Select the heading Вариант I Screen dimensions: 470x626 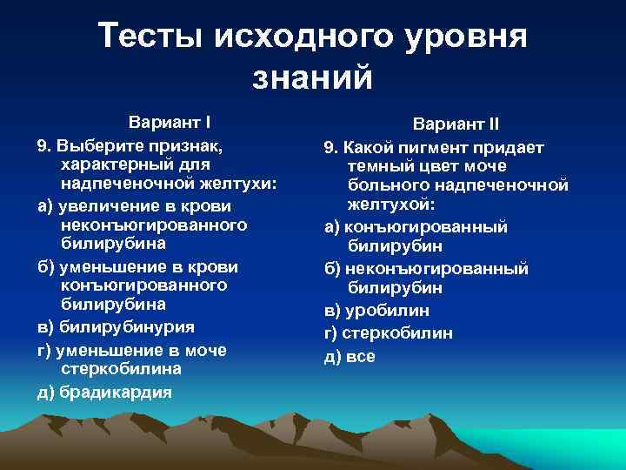click(x=170, y=121)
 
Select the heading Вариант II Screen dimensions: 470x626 click(x=456, y=124)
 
